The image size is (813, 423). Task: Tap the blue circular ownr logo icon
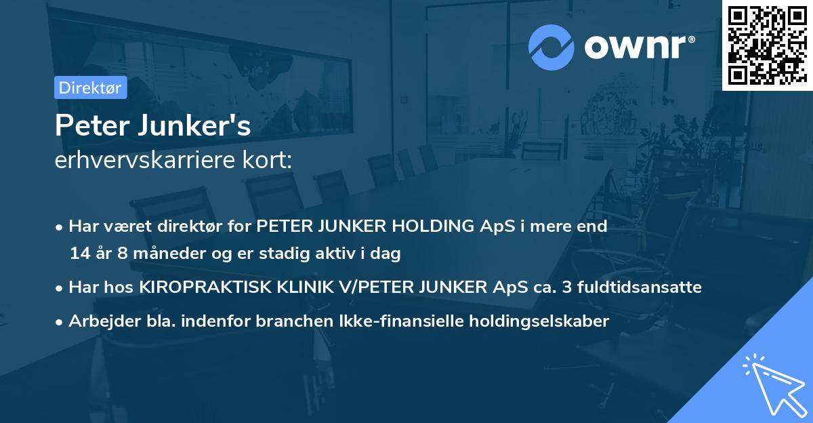coord(551,46)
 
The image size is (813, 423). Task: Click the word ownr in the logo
coord(638,47)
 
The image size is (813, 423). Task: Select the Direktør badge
coord(90,87)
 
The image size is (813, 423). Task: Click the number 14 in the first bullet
coord(79,254)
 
